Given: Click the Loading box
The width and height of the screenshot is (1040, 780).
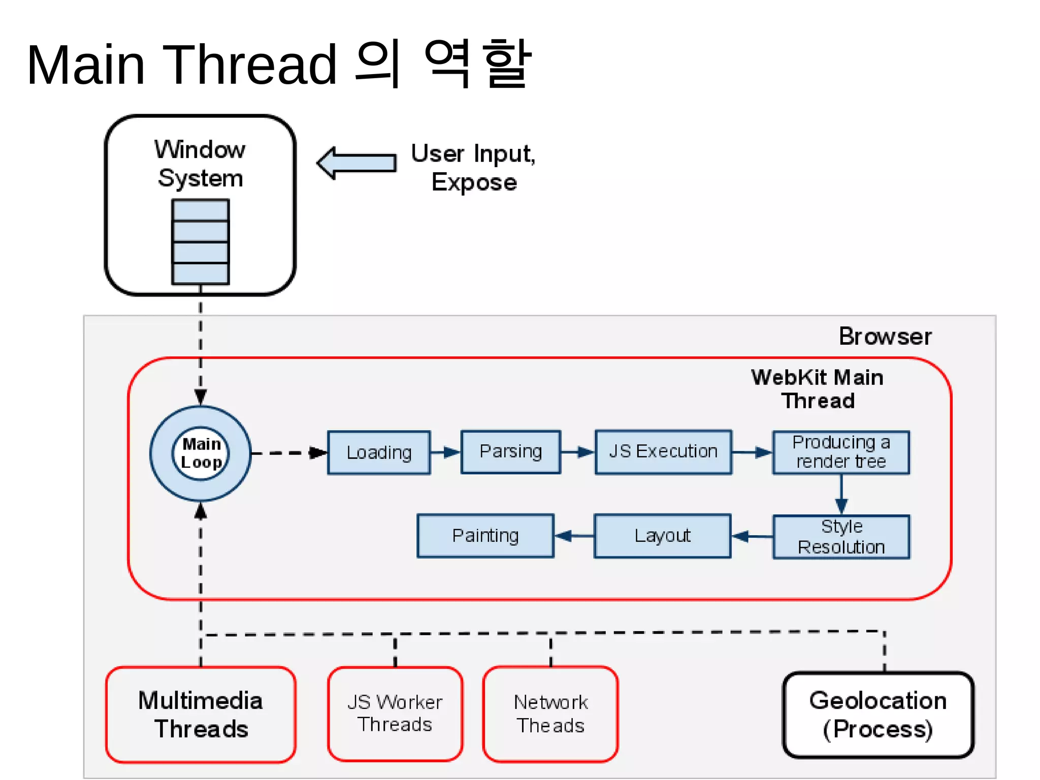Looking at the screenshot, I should pos(379,452).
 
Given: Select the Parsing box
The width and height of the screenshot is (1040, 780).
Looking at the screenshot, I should pos(511,452).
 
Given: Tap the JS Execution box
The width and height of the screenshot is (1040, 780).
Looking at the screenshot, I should pos(663,452).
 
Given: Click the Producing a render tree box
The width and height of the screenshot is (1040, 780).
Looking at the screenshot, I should pos(841,452).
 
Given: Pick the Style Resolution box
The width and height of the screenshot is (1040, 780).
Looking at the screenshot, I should pos(841,537).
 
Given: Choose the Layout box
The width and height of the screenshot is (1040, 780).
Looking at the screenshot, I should pos(662,536).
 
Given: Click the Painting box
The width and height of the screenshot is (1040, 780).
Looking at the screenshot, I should pos(485,536).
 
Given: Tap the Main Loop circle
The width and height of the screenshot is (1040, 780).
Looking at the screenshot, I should pos(201,453).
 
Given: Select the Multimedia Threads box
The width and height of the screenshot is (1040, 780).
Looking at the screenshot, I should pos(201,714).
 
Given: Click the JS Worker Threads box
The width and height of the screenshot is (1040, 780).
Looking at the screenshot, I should pos(395,713).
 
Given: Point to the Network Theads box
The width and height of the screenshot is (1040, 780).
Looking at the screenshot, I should pos(550,714).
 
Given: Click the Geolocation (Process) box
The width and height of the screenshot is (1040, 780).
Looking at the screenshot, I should pos(878,714).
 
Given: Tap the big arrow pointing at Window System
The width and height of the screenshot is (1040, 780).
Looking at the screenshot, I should pos(356,163).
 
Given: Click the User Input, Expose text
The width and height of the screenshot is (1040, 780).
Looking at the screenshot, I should pos(473,168).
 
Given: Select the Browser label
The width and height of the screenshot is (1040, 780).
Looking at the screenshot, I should pos(885,337).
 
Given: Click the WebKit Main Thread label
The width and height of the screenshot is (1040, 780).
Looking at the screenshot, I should pos(818,389).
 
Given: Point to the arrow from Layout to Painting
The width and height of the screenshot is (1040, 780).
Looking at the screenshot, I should pos(574,536).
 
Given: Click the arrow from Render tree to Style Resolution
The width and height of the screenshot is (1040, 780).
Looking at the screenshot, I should pos(841,495).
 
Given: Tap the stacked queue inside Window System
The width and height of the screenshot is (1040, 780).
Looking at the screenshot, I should pos(201,242).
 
